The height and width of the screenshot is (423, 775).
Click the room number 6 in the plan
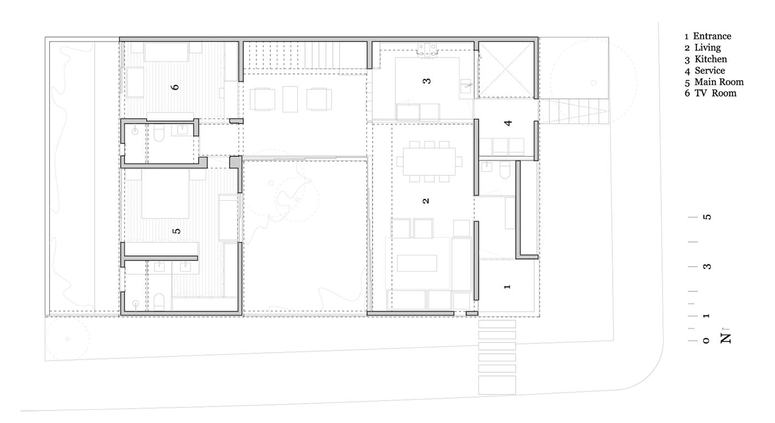175,87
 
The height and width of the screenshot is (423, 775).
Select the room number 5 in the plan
177,231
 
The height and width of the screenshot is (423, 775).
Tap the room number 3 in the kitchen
427,81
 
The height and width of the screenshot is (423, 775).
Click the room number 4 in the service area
508,123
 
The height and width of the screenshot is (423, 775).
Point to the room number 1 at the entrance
507,286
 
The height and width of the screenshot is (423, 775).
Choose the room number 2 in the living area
426,201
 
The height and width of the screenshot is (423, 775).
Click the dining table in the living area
429,161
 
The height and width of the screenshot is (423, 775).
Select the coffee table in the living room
417,263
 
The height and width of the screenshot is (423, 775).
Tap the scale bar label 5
707,217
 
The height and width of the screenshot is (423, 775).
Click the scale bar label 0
706,341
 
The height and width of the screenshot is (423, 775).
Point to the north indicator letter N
726,338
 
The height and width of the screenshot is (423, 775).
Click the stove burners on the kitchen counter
428,49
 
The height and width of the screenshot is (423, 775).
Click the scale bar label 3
707,267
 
